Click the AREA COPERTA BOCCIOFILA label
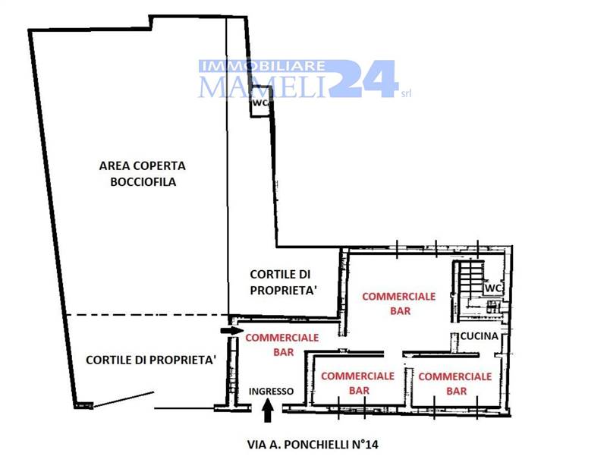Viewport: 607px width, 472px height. coord(143,174)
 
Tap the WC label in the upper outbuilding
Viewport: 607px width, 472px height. coord(260,103)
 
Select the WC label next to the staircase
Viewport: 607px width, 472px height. coord(492,288)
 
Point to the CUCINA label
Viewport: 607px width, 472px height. coord(480,336)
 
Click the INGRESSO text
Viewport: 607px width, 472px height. coord(271,392)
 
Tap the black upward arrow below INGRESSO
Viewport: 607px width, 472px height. coord(268,411)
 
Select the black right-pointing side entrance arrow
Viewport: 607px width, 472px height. coord(232,331)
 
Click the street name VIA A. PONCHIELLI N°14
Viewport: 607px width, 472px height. coord(313,444)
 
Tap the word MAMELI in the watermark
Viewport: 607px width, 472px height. coord(262,87)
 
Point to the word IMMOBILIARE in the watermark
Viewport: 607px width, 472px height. coord(262,66)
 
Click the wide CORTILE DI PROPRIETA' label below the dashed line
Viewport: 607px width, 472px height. coord(150,360)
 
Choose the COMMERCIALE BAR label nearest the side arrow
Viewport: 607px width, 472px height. coord(282,345)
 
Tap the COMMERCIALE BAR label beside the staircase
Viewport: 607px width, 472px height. coord(399,304)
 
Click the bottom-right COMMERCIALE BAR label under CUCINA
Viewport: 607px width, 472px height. coord(455,384)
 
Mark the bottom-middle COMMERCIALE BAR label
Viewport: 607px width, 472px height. coord(357,383)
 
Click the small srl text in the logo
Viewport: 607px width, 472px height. coord(406,93)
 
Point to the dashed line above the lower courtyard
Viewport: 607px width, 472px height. coord(147,315)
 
